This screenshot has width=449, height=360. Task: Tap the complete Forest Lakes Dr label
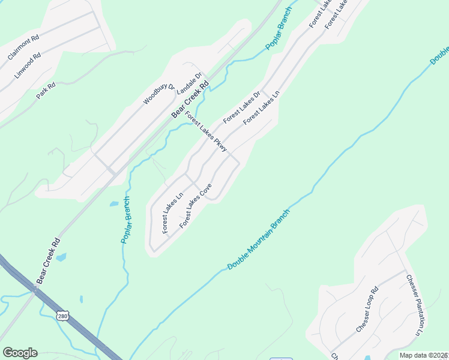tap(242, 107)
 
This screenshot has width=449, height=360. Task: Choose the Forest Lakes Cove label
tap(196, 205)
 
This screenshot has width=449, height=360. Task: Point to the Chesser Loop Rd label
tap(367, 310)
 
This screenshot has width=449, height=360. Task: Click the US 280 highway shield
tap(62, 316)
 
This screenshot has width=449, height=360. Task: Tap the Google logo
tap(20, 353)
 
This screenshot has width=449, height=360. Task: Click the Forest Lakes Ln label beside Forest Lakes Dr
tap(262, 109)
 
